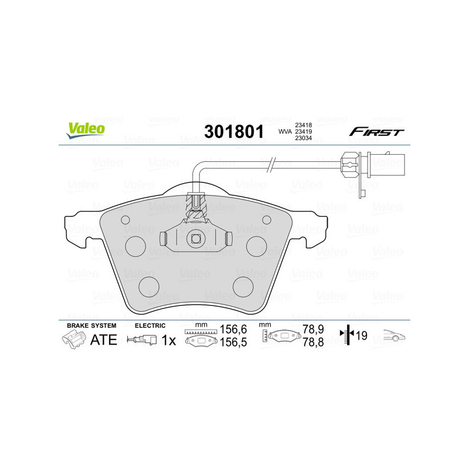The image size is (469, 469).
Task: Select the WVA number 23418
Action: tap(303, 124)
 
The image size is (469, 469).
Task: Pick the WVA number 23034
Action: tap(303, 138)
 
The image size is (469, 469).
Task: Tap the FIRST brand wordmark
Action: tap(376, 131)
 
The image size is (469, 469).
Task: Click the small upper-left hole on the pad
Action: tap(124, 219)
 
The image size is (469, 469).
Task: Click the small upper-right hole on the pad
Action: tap(267, 219)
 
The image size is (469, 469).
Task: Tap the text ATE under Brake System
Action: tap(103, 339)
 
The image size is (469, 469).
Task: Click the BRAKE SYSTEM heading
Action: tap(91, 325)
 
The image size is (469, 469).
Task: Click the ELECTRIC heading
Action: tap(150, 325)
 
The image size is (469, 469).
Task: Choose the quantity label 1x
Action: tap(168, 339)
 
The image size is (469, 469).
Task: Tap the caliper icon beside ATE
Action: tap(73, 339)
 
